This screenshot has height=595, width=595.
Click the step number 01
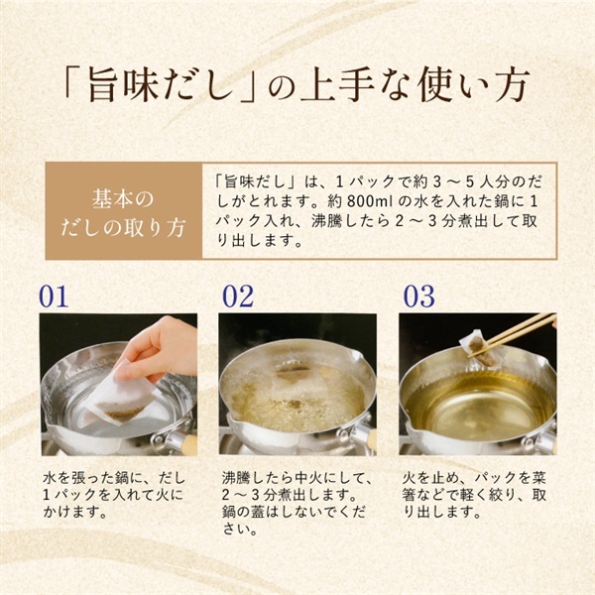pos(54,296)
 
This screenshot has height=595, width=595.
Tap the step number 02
pos(238,296)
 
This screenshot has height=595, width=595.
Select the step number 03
pos(418,296)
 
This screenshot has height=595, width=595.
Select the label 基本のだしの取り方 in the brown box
pos(123,213)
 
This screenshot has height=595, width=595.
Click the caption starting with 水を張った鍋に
pos(114,495)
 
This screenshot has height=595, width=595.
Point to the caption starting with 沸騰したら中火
pos(297,504)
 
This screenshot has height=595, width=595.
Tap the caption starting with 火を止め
pos(474,495)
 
